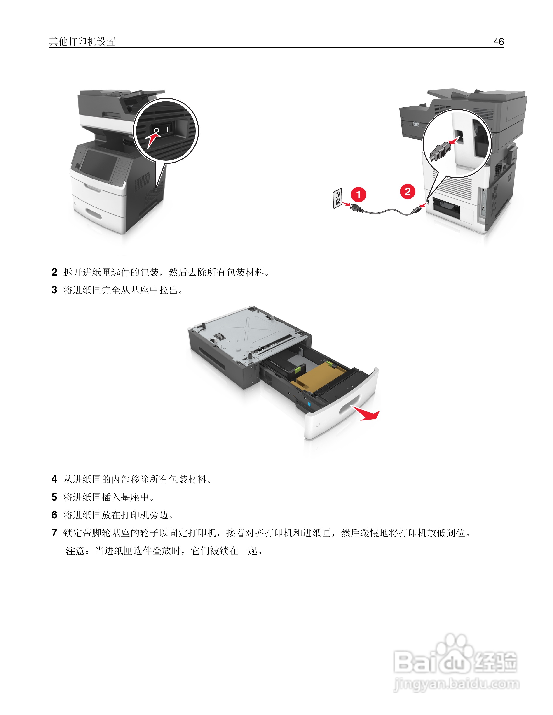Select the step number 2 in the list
[x=54, y=272]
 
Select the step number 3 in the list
[x=54, y=290]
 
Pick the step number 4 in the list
[x=54, y=479]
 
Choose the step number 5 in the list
[x=54, y=497]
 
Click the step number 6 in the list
[x=54, y=515]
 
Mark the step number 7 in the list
[x=54, y=533]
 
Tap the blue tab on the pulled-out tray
[x=309, y=404]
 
